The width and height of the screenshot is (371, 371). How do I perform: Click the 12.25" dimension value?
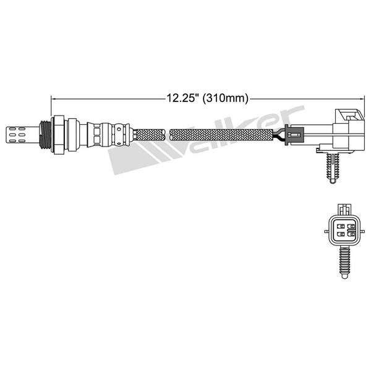click(181, 97)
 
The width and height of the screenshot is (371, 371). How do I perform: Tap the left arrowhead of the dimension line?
click(53, 97)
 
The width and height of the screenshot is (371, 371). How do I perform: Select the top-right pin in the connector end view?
click(351, 226)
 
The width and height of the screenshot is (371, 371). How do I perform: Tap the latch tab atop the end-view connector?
click(346, 208)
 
